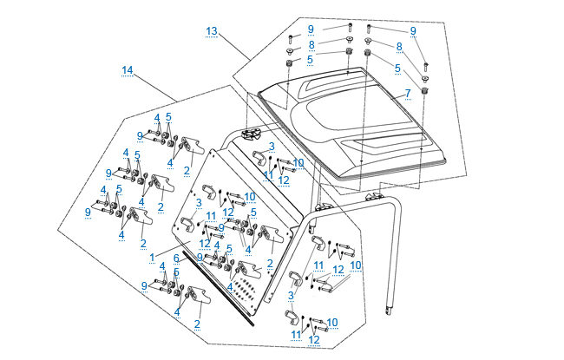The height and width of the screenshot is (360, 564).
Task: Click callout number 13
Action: click(x=211, y=31)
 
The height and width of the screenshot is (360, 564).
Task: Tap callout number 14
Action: click(x=128, y=69)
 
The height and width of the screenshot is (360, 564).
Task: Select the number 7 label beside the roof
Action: click(x=407, y=93)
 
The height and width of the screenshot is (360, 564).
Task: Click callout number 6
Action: click(x=176, y=258)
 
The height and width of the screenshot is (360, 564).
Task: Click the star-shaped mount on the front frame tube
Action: click(x=253, y=134)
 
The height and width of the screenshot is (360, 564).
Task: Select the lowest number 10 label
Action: click(x=331, y=322)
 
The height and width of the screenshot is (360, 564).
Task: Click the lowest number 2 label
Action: click(x=197, y=324)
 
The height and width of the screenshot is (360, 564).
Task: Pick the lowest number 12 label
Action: click(x=313, y=339)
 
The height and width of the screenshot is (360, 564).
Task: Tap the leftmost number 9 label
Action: click(x=88, y=212)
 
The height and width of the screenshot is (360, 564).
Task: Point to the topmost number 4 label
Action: click(x=157, y=117)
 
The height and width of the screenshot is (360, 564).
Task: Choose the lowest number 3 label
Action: click(x=292, y=295)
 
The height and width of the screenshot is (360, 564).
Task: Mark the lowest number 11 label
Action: click(x=295, y=334)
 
